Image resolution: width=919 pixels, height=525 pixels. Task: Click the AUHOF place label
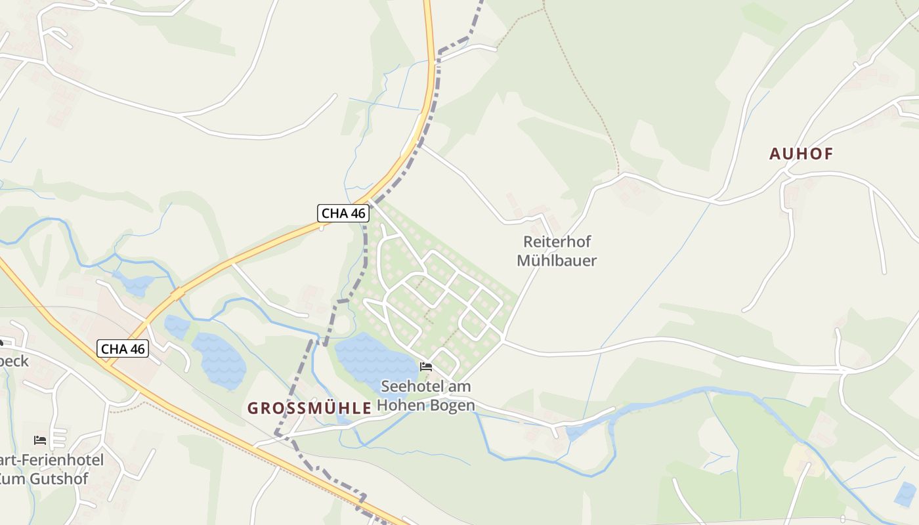point(801,154)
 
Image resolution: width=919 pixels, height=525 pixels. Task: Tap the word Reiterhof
point(557,241)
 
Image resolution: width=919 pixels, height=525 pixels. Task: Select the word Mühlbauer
point(557,261)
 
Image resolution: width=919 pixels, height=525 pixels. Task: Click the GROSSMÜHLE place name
point(309,408)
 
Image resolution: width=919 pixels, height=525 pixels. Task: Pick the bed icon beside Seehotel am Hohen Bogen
point(426,366)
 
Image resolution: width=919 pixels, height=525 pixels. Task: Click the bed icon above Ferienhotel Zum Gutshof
point(40,440)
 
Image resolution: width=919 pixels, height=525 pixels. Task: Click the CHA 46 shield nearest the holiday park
point(343,213)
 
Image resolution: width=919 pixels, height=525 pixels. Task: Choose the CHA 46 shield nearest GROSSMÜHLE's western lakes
point(123,348)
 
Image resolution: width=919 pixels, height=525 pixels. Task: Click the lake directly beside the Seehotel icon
point(371,358)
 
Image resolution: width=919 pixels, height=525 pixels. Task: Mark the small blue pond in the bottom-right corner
point(905,493)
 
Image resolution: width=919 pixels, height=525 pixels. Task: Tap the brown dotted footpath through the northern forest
point(591,98)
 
